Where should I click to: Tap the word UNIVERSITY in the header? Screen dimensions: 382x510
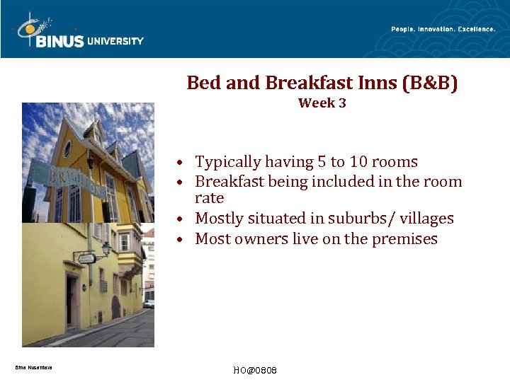pos(115,41)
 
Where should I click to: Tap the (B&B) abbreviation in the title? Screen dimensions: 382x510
pos(429,83)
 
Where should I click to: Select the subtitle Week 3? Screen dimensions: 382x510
pos(322,103)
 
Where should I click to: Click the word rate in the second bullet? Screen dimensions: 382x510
pos(209,198)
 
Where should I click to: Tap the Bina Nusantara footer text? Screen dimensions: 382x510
pos(33,367)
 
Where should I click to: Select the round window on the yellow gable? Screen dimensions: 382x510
pos(67,149)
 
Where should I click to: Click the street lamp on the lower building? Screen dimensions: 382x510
pos(106,249)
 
